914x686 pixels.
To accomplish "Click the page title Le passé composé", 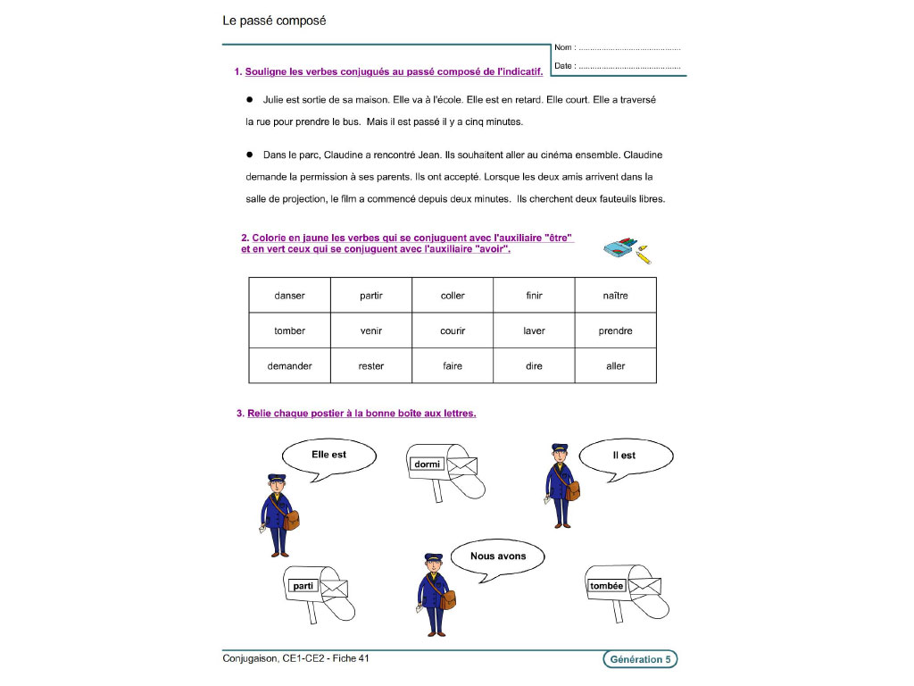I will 274,20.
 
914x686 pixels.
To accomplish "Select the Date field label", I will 563,66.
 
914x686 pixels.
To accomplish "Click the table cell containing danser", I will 289,296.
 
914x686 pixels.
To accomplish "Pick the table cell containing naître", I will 615,296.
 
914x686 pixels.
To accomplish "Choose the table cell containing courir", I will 453,330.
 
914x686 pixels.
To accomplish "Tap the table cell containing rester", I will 371,366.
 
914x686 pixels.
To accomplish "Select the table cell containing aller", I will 615,366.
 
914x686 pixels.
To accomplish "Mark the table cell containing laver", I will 534,330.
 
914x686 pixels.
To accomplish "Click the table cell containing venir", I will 371,330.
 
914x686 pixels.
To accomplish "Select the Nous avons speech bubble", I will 497,558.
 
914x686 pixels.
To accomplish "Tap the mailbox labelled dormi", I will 443,468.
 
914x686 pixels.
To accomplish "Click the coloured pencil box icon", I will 626,249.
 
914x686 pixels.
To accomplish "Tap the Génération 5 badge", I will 639,659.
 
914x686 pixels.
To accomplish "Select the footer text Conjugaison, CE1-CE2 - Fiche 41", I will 295,658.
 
